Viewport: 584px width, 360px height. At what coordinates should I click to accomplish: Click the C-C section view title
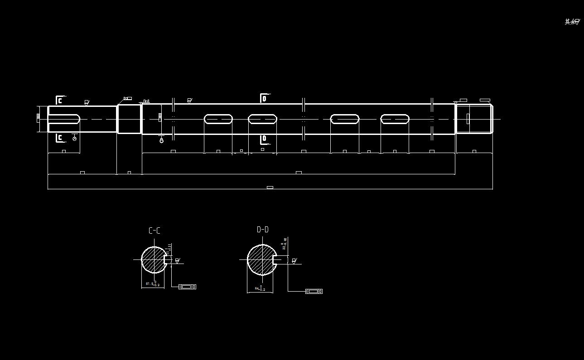pyautogui.click(x=154, y=230)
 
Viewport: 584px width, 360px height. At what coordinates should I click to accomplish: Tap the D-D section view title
pyautogui.click(x=263, y=230)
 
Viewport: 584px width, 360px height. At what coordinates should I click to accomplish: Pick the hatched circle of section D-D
pyautogui.click(x=261, y=260)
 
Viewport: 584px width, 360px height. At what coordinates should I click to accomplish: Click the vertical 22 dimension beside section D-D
pyautogui.click(x=285, y=244)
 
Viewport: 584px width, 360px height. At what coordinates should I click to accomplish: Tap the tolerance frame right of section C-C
pyautogui.click(x=187, y=287)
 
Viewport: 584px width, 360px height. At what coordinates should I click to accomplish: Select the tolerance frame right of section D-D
pyautogui.click(x=314, y=291)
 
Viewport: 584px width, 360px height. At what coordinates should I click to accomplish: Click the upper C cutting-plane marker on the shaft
pyautogui.click(x=59, y=101)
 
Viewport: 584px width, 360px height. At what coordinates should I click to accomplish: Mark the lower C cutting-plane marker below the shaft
pyautogui.click(x=59, y=138)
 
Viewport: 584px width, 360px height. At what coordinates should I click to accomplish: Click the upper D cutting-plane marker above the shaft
pyautogui.click(x=264, y=98)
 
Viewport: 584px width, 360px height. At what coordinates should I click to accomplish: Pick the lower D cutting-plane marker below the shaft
pyautogui.click(x=264, y=138)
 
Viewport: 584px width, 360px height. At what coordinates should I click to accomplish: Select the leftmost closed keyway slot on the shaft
pyautogui.click(x=218, y=119)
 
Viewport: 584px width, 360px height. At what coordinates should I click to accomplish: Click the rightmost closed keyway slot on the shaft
pyautogui.click(x=395, y=119)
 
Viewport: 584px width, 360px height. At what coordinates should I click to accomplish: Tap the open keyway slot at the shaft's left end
pyautogui.click(x=64, y=119)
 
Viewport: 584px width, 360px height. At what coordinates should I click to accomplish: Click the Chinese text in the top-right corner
pyautogui.click(x=572, y=22)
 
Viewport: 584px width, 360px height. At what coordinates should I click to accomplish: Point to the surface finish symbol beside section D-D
pyautogui.click(x=294, y=261)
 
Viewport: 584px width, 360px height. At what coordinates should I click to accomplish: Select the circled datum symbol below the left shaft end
pyautogui.click(x=75, y=138)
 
